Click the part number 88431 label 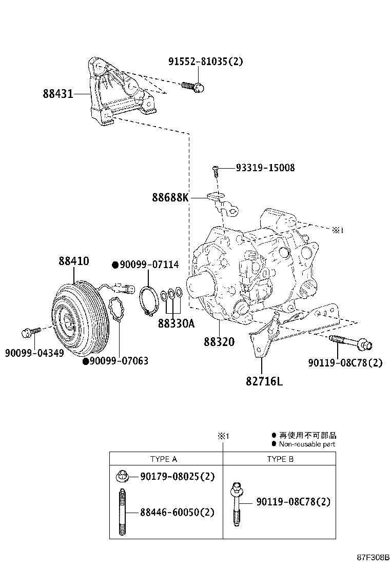pos(57,94)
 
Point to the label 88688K pos(170,197)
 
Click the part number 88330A pos(176,324)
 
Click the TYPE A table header pos(164,459)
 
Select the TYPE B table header pos(280,459)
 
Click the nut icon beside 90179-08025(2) pos(123,476)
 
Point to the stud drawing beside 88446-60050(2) pos(123,513)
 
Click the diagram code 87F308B pos(373,557)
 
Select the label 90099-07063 pos(119,361)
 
